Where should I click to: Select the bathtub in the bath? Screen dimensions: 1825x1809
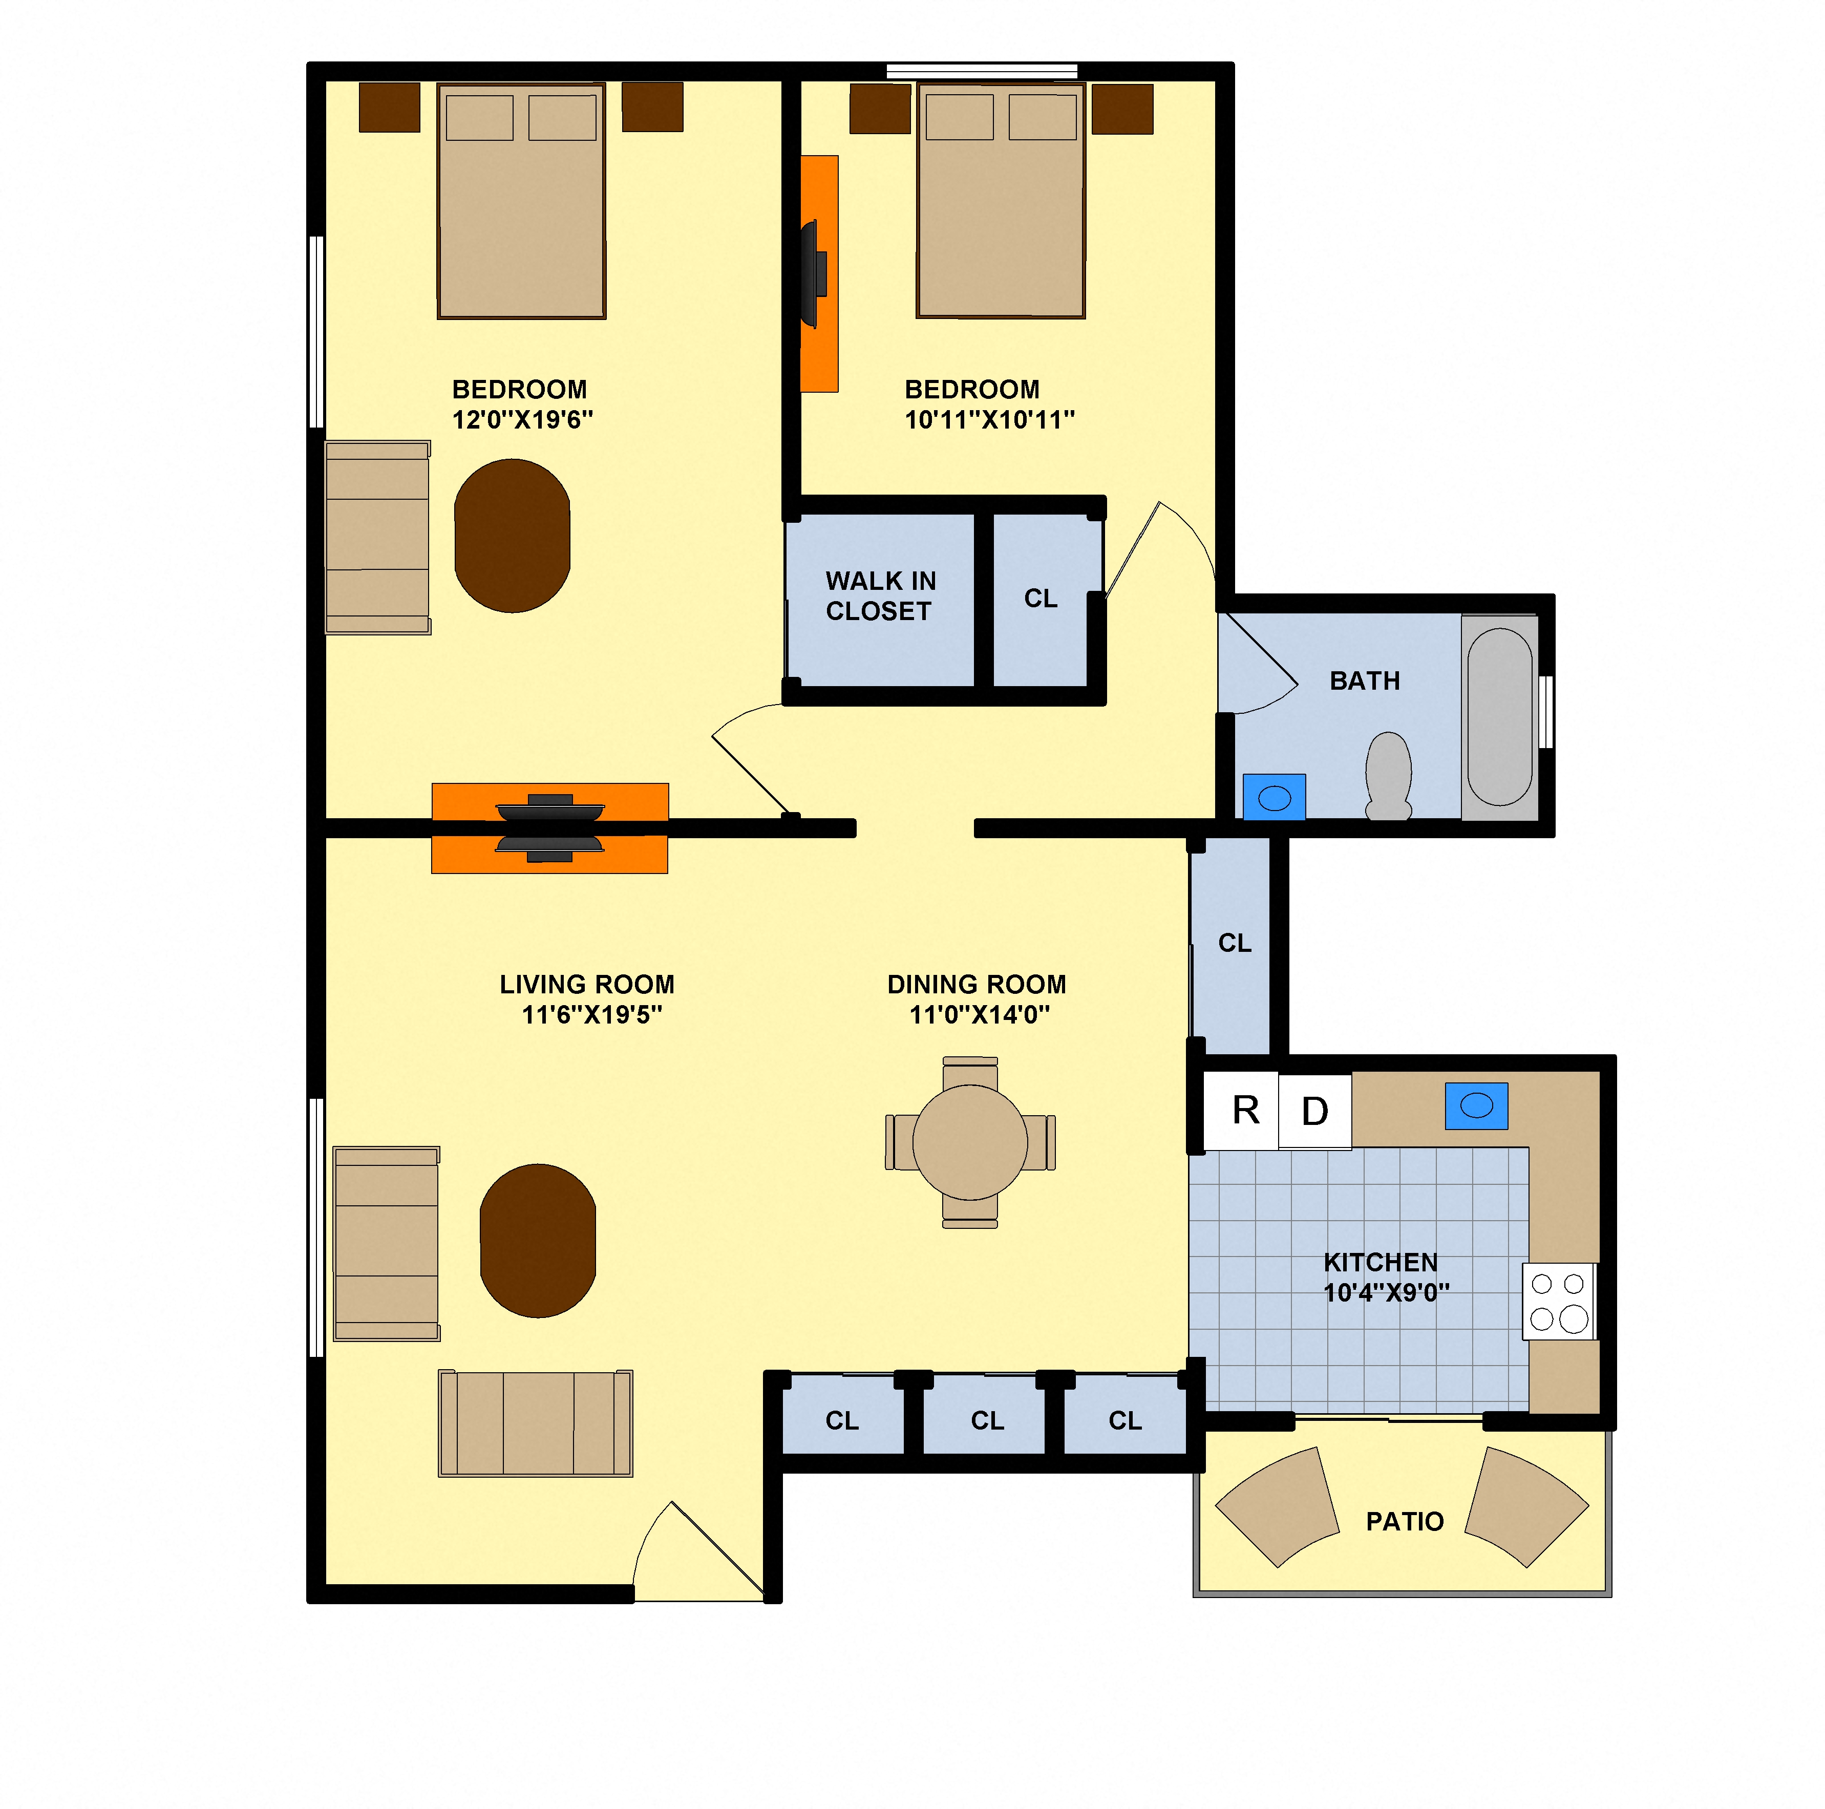coord(1499,717)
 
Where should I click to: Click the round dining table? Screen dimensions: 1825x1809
coord(970,1142)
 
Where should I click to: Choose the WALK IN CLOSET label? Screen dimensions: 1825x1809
coord(880,596)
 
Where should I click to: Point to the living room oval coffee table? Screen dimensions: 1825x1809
coord(538,1240)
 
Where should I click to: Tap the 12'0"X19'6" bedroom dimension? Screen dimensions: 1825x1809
coord(522,419)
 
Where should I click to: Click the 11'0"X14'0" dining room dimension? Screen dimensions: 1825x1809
coord(980,1014)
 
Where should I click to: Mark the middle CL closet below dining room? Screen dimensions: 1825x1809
coord(987,1421)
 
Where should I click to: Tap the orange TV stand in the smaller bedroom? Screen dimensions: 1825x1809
coord(819,274)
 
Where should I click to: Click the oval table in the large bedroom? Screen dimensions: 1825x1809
coord(512,536)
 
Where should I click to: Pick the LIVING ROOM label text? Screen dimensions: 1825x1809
coord(587,984)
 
